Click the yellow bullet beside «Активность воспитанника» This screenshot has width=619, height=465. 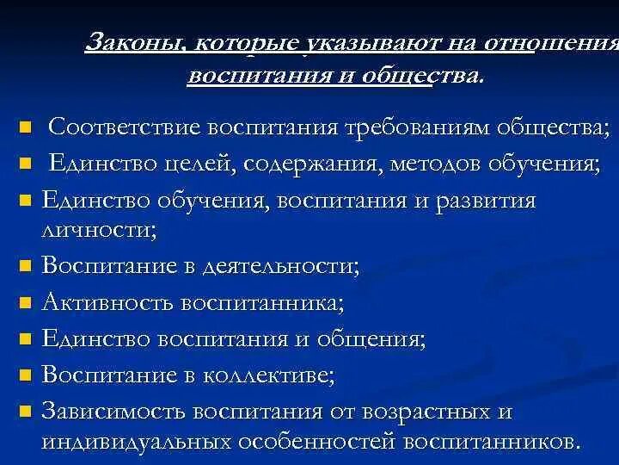pos(25,304)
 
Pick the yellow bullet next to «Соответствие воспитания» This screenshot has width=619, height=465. pos(25,129)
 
